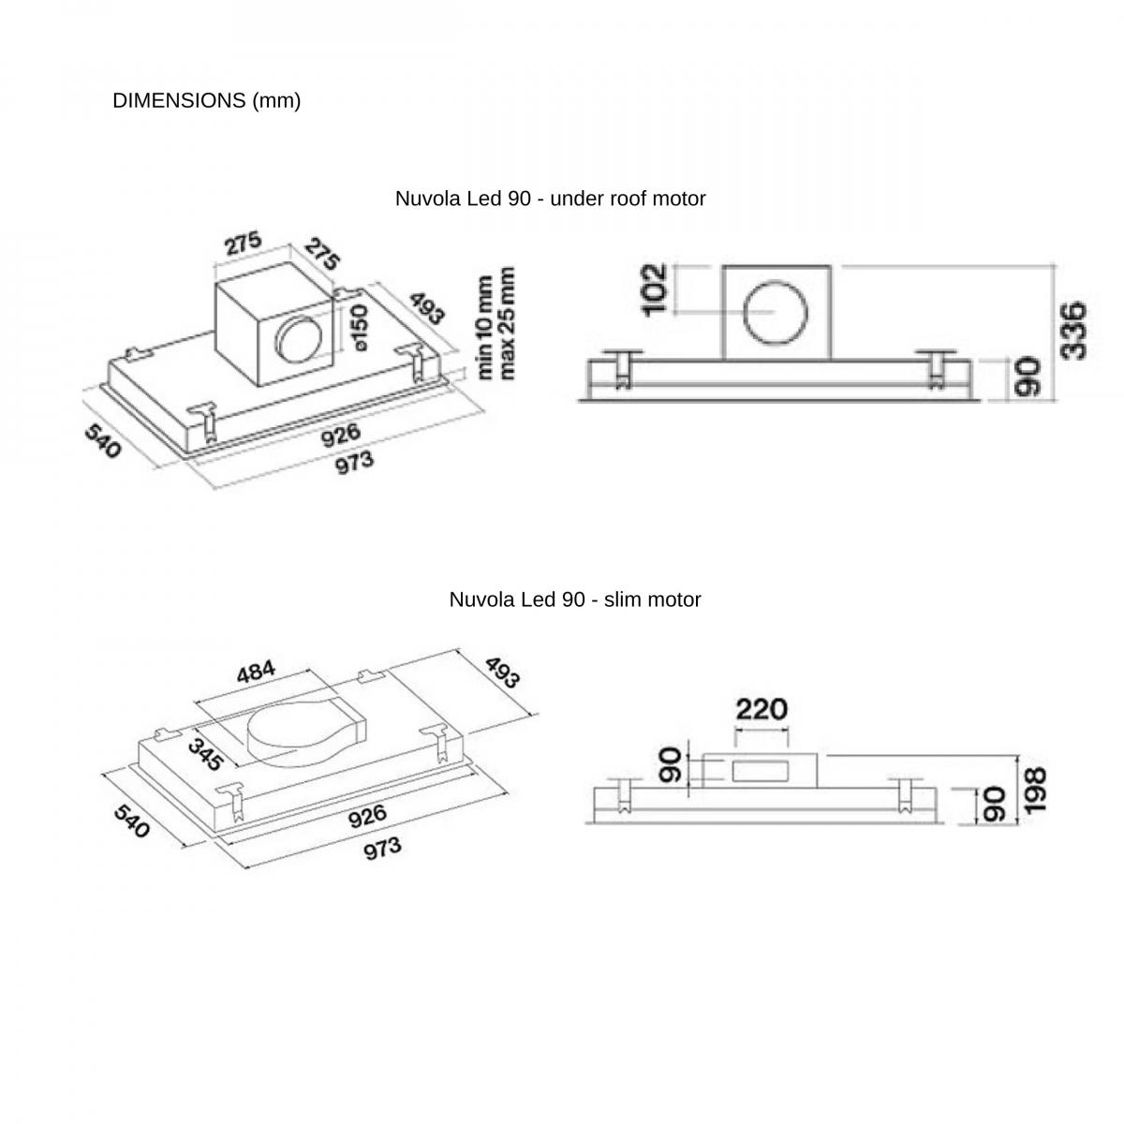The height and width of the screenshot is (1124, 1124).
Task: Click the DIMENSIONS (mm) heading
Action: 206,101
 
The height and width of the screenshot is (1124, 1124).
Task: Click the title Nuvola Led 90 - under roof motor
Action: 550,199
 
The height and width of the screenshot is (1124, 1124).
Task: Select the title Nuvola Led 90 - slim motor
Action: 574,599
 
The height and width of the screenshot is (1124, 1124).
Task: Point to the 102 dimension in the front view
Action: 656,288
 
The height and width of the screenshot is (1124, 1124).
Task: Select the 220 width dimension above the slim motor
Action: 761,709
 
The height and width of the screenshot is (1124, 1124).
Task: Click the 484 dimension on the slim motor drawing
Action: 256,672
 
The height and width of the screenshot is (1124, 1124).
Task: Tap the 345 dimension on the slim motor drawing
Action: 204,755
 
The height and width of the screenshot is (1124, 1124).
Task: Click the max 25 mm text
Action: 507,323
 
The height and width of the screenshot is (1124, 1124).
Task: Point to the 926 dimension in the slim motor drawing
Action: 367,817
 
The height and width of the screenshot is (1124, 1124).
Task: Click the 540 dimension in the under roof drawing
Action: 103,441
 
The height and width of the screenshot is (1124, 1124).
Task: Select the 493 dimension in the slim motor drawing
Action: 501,673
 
